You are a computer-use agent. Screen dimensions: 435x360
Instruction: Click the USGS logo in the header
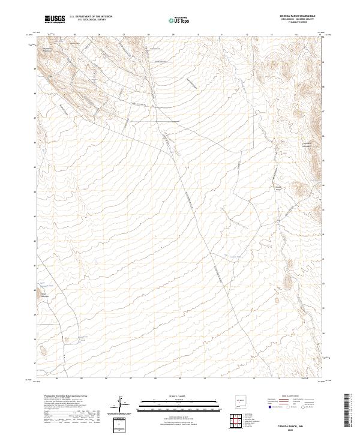(x=55, y=19)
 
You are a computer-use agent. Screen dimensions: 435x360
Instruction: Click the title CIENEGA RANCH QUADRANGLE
(x=297, y=16)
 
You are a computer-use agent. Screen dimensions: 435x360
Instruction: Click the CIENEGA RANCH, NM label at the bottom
(x=298, y=424)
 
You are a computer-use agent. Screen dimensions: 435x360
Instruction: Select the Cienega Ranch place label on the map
(x=280, y=187)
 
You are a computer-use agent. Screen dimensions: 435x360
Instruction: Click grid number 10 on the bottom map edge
(x=205, y=379)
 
